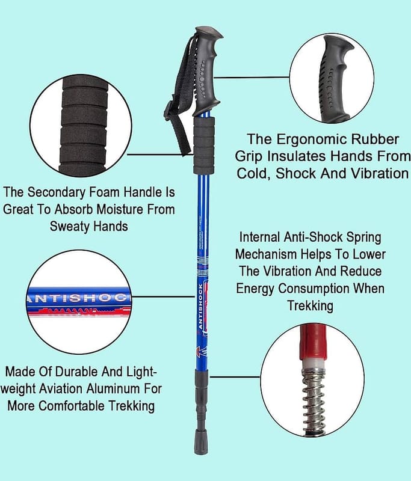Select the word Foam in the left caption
(104, 192)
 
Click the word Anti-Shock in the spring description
(313, 237)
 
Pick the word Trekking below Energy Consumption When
(310, 305)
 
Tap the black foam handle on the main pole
(204, 146)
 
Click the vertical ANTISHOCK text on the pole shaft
(200, 307)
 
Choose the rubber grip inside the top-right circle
(336, 78)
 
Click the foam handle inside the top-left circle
(84, 126)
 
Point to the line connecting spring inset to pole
(235, 377)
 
